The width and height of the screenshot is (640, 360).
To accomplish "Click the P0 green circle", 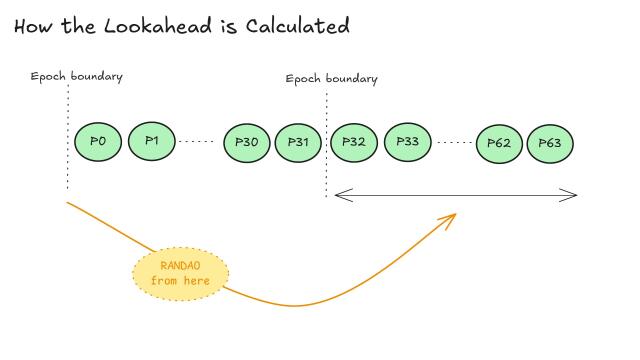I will click(98, 142).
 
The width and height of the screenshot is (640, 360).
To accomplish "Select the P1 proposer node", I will click(152, 142).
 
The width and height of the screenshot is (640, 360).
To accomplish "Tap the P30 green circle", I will click(246, 143).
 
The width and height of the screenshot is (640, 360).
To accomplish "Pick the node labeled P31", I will click(299, 143).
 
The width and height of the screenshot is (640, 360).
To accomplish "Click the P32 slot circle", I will click(353, 142).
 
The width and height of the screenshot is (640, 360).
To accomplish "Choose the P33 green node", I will click(407, 142).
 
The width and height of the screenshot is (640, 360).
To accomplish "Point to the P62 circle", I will click(499, 144).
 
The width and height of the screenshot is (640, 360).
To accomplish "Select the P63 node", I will click(550, 144).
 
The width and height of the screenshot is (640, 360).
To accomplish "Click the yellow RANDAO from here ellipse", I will click(181, 273).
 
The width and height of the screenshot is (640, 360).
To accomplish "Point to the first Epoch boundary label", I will click(77, 77).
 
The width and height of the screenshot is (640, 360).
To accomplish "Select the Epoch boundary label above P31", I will click(331, 79).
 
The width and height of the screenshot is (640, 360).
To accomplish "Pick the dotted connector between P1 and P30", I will click(196, 142).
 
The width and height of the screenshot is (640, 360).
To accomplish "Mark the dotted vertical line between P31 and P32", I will click(326, 145).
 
